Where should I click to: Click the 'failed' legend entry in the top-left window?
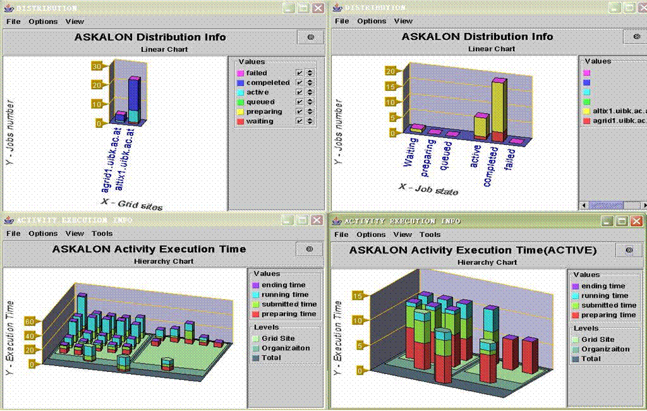point(257,73)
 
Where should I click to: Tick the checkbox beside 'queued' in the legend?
point(299,102)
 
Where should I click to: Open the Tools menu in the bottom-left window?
point(102,233)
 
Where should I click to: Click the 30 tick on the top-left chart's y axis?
point(97,66)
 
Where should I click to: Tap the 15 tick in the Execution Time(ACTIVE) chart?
point(359,295)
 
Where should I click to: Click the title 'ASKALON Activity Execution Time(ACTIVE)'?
point(472,250)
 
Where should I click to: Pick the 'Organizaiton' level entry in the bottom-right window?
point(605,349)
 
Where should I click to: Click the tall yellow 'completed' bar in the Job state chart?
point(499,108)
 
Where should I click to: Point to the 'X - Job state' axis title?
point(429,189)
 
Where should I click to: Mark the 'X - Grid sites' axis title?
point(131,203)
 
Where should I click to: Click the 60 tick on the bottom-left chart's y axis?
point(30,321)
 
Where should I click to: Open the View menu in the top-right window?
point(403,21)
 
